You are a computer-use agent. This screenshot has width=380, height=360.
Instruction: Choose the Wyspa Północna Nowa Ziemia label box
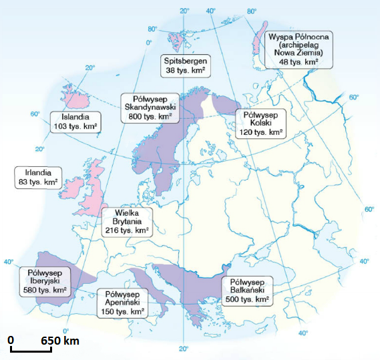295,47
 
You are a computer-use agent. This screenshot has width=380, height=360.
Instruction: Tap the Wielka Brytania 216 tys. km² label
127,221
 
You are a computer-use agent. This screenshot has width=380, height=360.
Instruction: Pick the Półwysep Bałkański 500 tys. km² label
247,291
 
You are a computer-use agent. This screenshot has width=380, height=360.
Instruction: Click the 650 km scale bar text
59,341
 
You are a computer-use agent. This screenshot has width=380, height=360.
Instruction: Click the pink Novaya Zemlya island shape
257,40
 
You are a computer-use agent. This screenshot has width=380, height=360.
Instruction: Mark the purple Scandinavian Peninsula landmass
167,144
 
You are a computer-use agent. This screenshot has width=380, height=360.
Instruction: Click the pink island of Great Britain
96,187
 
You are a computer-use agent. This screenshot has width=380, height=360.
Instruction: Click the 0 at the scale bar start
11,341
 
